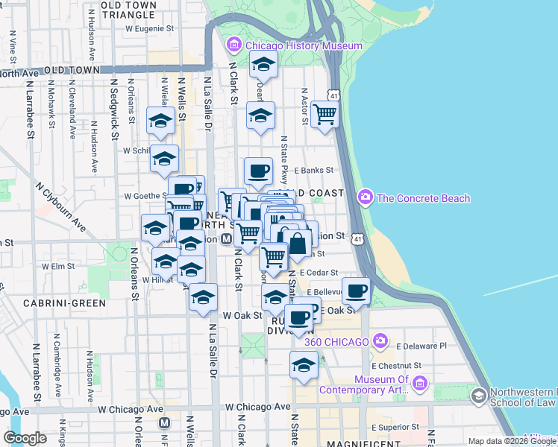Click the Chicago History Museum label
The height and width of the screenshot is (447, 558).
304,45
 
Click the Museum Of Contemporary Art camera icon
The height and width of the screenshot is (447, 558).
419,383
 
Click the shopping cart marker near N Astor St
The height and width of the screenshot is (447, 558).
325,115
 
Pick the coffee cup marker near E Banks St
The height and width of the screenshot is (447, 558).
259,171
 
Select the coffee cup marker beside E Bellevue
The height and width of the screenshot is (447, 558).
357,290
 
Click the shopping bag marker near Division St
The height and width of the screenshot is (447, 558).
298,243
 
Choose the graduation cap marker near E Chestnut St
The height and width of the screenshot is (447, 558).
304,365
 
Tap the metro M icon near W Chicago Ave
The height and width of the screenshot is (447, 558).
165,422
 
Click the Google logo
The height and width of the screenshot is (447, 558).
25,438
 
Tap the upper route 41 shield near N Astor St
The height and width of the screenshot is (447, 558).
335,95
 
